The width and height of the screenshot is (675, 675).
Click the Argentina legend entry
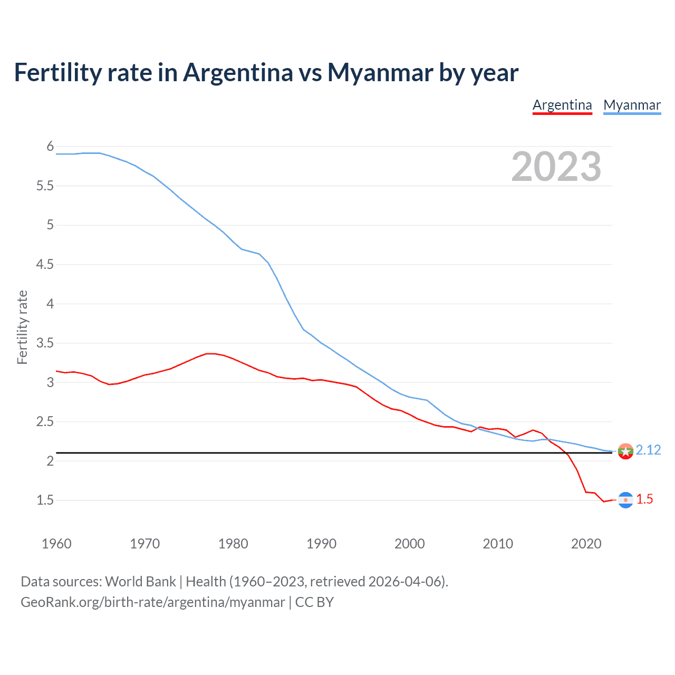point(562,105)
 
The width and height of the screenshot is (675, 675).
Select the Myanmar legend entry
point(632,105)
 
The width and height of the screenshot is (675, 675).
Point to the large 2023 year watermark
point(556,167)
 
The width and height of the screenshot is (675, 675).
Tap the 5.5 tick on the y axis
point(45,186)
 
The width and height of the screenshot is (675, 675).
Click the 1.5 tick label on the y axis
point(45,500)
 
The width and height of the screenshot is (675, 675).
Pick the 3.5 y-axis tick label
point(45,343)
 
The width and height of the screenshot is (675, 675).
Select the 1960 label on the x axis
point(56,544)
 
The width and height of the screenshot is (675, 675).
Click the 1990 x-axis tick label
point(321,544)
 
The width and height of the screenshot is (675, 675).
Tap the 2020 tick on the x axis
point(586,544)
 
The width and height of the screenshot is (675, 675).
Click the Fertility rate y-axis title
point(22,327)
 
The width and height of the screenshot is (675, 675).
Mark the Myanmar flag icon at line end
point(625,451)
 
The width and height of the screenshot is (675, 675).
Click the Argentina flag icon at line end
point(625,500)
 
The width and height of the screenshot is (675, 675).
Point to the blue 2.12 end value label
point(648,450)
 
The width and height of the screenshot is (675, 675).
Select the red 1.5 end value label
point(644,499)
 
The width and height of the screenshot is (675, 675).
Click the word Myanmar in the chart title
point(380,72)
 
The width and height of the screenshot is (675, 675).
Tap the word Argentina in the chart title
point(238,72)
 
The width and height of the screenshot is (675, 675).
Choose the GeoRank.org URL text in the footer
point(152,602)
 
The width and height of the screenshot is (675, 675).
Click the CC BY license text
point(314,602)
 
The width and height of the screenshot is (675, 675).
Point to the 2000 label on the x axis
point(409,544)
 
